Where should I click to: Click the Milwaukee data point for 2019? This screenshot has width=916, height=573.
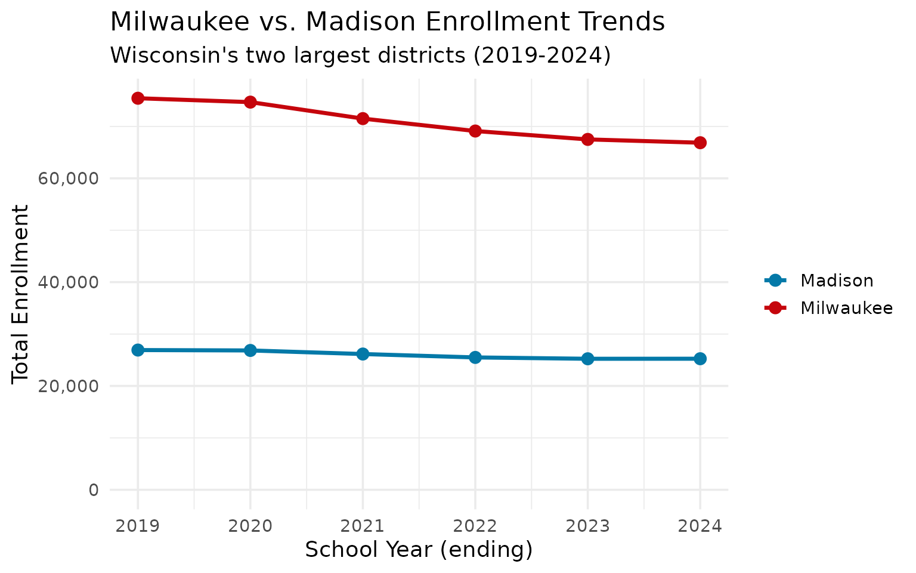138,98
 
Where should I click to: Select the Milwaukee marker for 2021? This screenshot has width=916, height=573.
363,118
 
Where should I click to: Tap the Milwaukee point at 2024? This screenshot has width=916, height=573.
700,143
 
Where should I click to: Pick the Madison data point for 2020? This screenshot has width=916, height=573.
250,350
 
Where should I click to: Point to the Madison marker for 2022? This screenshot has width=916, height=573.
475,358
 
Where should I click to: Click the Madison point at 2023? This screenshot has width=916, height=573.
587,359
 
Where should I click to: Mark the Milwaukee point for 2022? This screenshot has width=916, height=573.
475,131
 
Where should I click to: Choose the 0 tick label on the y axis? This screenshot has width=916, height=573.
94,490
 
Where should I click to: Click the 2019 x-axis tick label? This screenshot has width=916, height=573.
138,526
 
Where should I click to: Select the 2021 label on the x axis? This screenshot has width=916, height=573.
363,526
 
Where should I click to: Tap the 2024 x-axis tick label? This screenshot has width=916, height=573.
700,526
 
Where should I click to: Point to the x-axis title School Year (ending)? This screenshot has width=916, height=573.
419,550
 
